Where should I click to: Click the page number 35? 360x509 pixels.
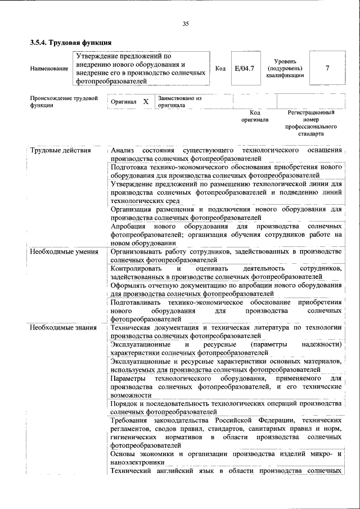pos(186,23)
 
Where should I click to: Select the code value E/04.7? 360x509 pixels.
pos(245,68)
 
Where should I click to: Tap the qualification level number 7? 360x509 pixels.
pos(327,68)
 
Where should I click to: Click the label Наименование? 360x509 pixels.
pos(48,69)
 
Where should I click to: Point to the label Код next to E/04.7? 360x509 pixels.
pos(220,69)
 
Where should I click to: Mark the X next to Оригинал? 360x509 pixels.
pos(146,102)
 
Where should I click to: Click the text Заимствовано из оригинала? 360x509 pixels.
pos(179,101)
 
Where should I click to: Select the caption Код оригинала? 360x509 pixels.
pos(255,116)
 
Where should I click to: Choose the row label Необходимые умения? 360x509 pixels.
pos(64,252)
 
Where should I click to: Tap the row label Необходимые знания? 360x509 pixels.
pos(63,327)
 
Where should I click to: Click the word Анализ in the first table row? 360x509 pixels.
pos(122,151)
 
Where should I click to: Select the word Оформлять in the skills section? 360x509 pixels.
pos(128,286)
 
